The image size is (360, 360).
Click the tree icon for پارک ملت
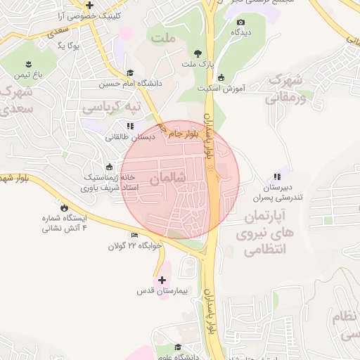(198, 53)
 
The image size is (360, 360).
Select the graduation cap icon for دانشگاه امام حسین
(130, 72)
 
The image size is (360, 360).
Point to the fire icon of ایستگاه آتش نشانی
(65, 208)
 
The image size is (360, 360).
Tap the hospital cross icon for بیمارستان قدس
(162, 280)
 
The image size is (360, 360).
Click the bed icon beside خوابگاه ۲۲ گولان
(135, 235)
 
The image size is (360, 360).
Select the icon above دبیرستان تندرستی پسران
(277, 177)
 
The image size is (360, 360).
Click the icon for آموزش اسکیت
(221, 77)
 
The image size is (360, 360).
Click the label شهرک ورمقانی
(284, 89)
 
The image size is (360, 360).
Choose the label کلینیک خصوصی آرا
(98, 15)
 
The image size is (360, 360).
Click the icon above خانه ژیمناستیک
(109, 167)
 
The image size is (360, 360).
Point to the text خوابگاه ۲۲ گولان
(135, 246)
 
